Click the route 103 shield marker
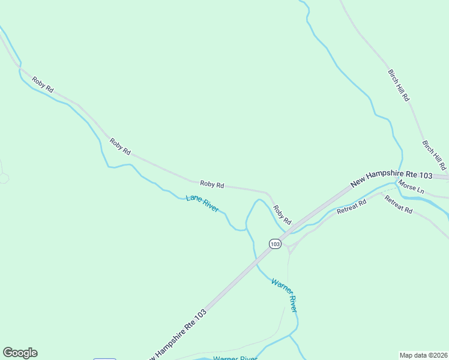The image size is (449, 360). [x=274, y=244]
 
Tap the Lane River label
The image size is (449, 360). [x=202, y=203]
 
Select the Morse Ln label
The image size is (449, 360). [x=411, y=187]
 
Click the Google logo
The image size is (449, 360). [x=20, y=353]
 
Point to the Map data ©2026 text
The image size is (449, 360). [x=423, y=355]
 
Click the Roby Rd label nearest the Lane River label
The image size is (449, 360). [x=212, y=185]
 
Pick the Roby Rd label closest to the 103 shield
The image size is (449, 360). [x=282, y=214]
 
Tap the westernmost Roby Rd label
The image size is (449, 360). [x=43, y=85]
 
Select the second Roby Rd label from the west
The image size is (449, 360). [x=120, y=147]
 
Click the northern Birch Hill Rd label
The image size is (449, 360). [x=399, y=85]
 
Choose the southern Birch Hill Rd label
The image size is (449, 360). [x=435, y=155]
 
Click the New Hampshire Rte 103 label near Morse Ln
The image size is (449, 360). [x=391, y=178]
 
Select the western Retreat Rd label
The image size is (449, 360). [x=351, y=208]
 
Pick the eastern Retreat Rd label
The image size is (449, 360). [x=399, y=205]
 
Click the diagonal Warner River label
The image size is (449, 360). [x=284, y=295]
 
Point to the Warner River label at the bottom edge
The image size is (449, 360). [x=235, y=358]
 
